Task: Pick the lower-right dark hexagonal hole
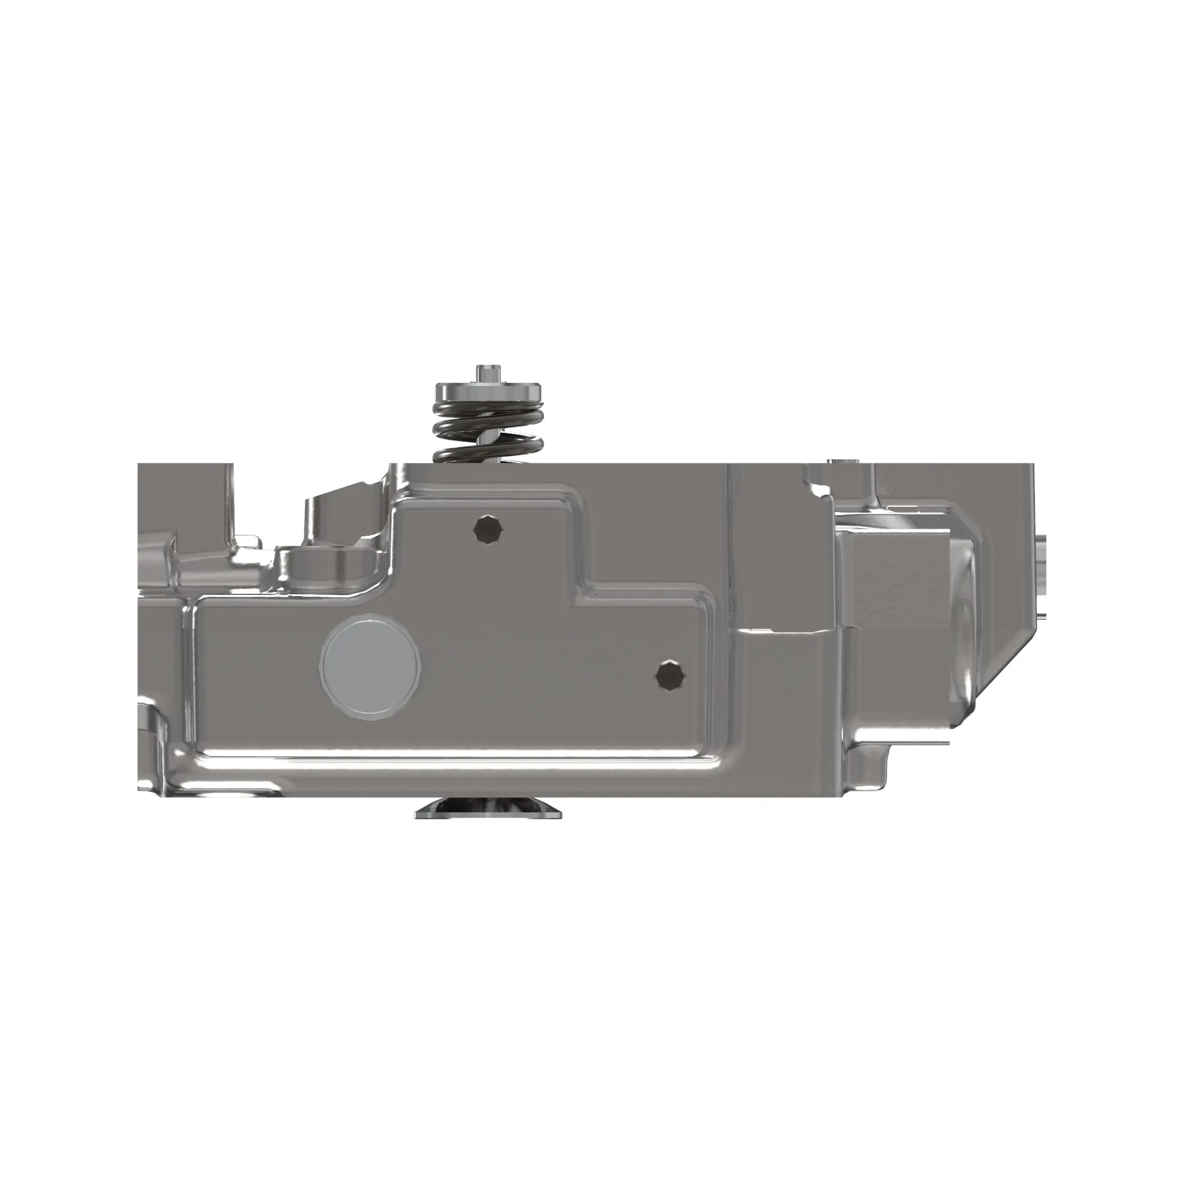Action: click(x=671, y=676)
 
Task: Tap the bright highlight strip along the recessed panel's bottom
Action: click(x=453, y=761)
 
